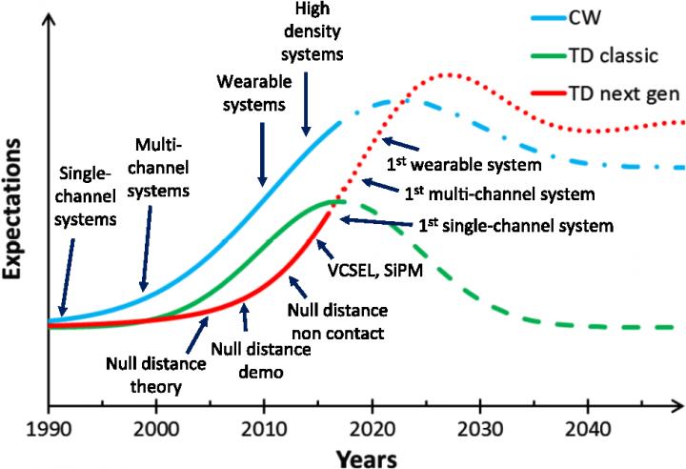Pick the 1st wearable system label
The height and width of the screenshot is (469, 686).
click(464, 164)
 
